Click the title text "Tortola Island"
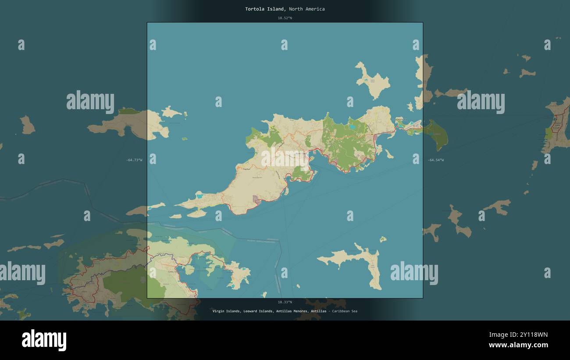(266, 9)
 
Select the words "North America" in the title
(307, 9)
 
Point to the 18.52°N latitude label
(285, 18)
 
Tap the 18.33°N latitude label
(285, 302)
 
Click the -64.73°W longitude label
(134, 160)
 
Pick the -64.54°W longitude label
(436, 160)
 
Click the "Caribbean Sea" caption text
(345, 311)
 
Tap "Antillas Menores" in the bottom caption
(292, 311)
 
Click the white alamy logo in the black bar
(44, 340)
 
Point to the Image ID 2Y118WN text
(518, 335)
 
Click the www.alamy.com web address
(518, 345)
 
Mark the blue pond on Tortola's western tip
(200, 196)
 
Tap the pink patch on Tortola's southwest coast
(256, 200)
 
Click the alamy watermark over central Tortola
(285, 159)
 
